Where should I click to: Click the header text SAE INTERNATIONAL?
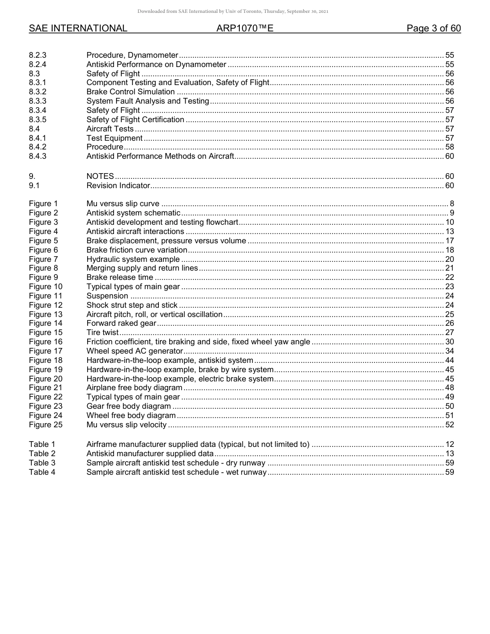pyautogui.click(x=78, y=28)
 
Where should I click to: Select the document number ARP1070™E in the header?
pyautogui.click(x=244, y=28)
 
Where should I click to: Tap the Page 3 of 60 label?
pyautogui.click(x=433, y=28)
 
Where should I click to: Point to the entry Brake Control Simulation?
pyautogui.click(x=130, y=92)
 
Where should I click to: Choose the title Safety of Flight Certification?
pyautogui.click(x=135, y=120)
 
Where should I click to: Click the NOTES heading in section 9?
pyautogui.click(x=100, y=176)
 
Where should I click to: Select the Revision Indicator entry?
pyautogui.click(x=118, y=186)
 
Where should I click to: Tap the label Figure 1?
pyautogui.click(x=43, y=204)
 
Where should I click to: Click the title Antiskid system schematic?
pyautogui.click(x=133, y=213)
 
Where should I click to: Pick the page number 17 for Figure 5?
pyautogui.click(x=449, y=241)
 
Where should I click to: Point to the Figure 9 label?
pyautogui.click(x=43, y=277)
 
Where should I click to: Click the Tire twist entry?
pyautogui.click(x=102, y=332)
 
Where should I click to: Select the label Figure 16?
pyautogui.click(x=45, y=342)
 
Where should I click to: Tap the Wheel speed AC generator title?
pyautogui.click(x=135, y=351)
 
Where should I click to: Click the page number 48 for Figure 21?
pyautogui.click(x=449, y=388)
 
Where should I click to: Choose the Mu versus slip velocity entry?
pyautogui.click(x=126, y=425)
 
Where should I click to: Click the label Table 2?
pyautogui.click(x=42, y=454)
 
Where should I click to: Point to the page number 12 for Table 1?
pyautogui.click(x=449, y=444)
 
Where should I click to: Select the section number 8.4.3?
pyautogui.click(x=38, y=156)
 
